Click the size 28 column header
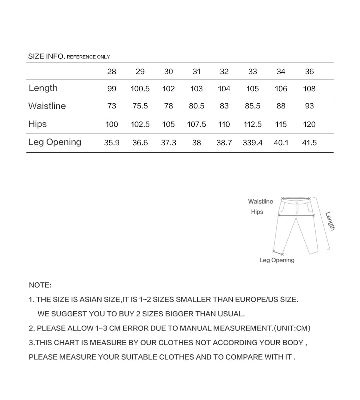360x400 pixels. [112, 72]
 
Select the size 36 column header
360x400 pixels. [309, 72]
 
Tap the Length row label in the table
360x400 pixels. [43, 88]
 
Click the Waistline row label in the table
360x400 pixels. [47, 106]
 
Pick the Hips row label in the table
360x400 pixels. [38, 124]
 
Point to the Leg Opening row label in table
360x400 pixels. [55, 142]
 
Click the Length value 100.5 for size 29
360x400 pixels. [140, 89]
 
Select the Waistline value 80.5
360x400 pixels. [196, 106]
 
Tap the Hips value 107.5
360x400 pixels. [196, 124]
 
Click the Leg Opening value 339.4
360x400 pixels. [252, 143]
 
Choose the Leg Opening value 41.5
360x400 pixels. [309, 143]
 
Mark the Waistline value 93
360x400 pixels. [309, 106]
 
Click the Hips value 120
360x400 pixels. [309, 124]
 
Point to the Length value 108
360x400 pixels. [309, 89]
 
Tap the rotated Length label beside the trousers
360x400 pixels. [330, 221]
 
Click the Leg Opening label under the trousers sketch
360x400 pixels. [277, 260]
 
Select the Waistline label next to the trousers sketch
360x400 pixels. [260, 202]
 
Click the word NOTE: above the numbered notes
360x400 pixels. [40, 285]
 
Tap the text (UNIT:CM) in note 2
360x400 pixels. [292, 328]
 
